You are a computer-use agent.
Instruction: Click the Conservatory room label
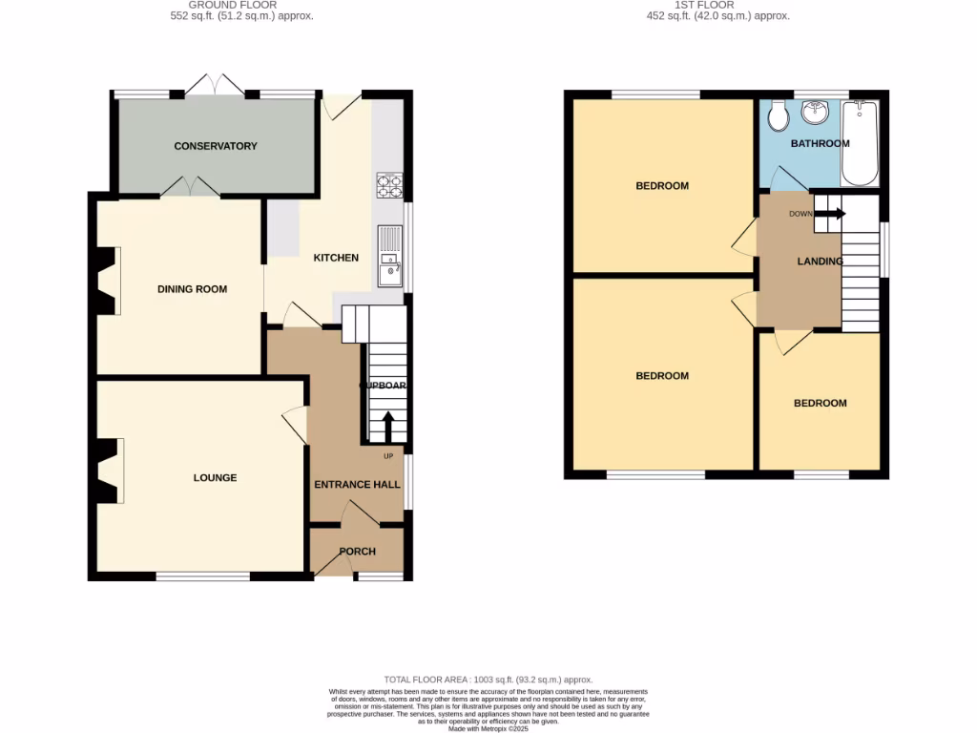[x=216, y=146]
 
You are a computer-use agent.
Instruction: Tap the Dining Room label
[x=192, y=288]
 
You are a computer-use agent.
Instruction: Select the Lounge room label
[x=215, y=477]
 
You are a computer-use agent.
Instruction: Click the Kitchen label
[x=336, y=258]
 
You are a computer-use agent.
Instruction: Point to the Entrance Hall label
[x=357, y=484]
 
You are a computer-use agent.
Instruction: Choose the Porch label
[x=358, y=552]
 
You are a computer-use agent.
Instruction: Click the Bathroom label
[x=820, y=143]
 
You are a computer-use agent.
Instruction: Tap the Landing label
[x=820, y=261]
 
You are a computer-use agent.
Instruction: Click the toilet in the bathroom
[x=779, y=116]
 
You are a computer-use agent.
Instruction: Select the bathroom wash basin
[x=814, y=115]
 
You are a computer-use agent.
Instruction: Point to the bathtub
[x=860, y=143]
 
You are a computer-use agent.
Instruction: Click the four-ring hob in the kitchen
[x=390, y=185]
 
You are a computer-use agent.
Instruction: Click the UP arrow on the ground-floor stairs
[x=387, y=426]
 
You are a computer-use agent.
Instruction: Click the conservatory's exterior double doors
[x=215, y=86]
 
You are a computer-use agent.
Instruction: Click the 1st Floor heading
[x=703, y=5]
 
